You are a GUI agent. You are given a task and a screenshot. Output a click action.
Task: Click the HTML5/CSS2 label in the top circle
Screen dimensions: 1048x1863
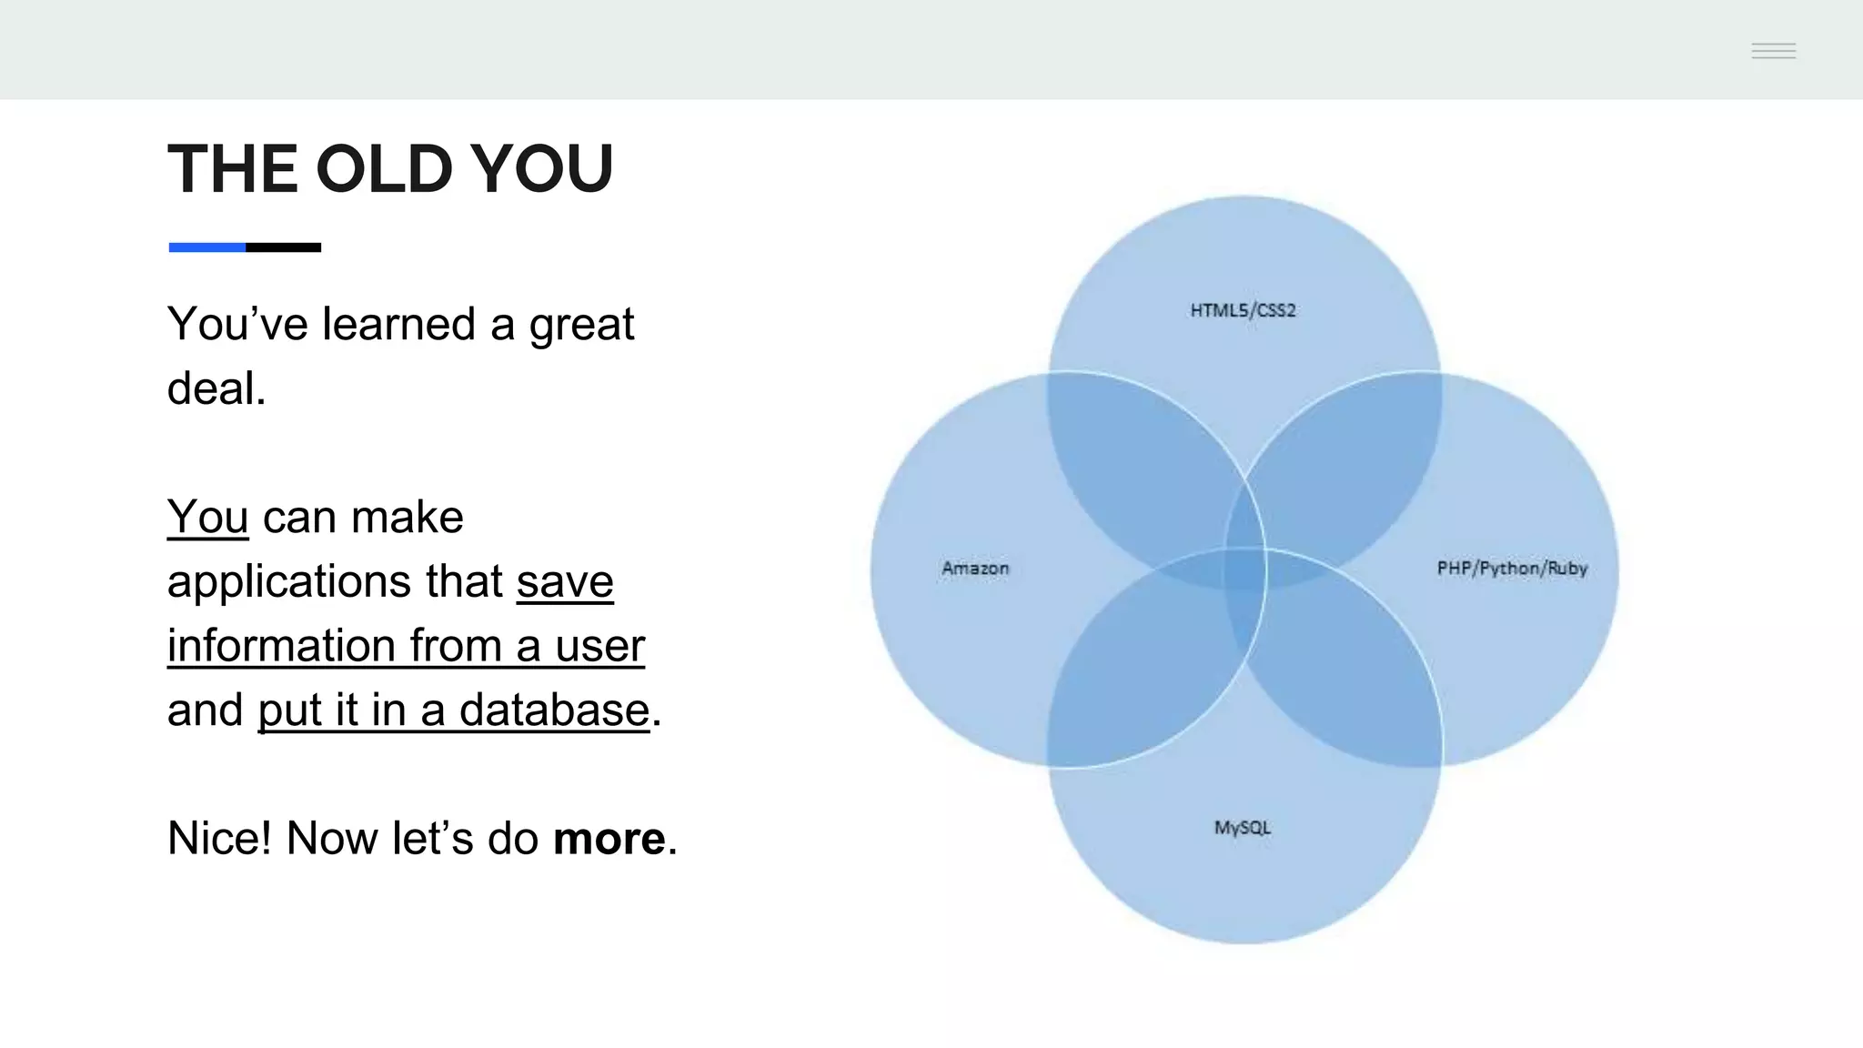click(x=1243, y=310)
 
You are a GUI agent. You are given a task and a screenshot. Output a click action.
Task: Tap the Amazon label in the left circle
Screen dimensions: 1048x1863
click(x=975, y=569)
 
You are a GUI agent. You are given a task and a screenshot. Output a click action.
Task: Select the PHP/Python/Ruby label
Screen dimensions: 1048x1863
click(x=1511, y=569)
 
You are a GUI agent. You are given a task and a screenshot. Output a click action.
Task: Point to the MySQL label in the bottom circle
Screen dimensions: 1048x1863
click(x=1242, y=828)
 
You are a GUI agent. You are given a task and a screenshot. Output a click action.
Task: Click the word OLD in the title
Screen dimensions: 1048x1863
click(x=383, y=169)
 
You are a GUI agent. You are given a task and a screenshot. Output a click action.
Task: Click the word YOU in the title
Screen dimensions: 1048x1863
click(x=542, y=169)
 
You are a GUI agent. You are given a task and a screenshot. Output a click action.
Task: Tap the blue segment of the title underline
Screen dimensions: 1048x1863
click(x=206, y=247)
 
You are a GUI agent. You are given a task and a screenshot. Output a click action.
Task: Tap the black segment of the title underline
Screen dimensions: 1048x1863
click(x=283, y=247)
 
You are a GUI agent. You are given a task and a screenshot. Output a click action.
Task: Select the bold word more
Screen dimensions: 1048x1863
click(x=609, y=839)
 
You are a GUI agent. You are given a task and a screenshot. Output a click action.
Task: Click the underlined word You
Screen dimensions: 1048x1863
click(x=207, y=518)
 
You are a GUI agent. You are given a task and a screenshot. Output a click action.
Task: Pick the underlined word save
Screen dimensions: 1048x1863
click(x=565, y=582)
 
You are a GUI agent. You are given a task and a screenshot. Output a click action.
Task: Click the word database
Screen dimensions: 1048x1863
click(x=553, y=710)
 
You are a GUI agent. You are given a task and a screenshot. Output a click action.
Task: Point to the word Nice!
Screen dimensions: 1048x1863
click(x=219, y=839)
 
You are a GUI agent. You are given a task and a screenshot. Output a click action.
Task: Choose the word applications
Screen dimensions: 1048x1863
click(x=289, y=582)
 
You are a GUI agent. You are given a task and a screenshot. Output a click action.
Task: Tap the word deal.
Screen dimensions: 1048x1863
click(x=216, y=389)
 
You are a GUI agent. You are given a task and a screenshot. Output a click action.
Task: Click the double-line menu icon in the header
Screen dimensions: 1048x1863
click(x=1773, y=51)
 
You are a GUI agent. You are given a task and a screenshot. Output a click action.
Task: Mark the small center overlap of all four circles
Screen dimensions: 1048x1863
click(x=1244, y=570)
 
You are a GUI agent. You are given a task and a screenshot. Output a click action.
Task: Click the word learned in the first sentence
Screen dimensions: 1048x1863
click(x=398, y=325)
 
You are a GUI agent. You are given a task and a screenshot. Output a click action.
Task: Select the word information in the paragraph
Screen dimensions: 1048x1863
click(x=281, y=646)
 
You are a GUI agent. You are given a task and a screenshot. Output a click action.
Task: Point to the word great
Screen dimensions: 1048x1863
click(x=581, y=325)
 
